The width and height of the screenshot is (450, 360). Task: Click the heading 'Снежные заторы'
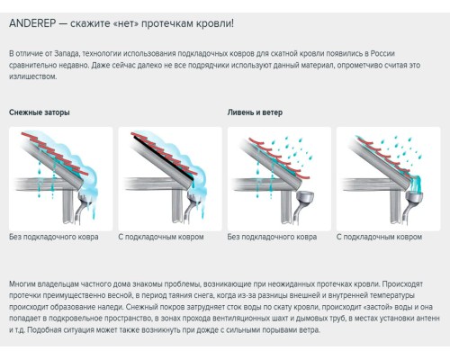coord(39,112)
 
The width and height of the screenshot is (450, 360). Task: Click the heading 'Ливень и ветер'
coord(256,112)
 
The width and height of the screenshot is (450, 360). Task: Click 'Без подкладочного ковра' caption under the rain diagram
coord(272,238)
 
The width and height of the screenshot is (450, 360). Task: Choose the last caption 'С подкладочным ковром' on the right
coord(379,238)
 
